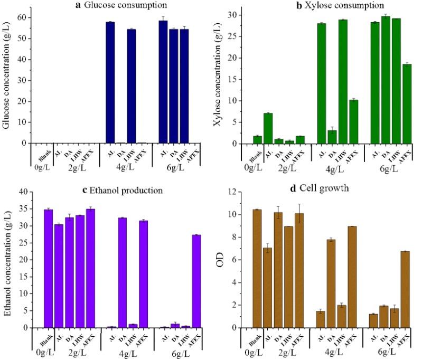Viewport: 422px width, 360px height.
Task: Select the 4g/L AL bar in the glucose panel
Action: click(x=110, y=82)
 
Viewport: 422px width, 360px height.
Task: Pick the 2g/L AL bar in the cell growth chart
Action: click(x=268, y=288)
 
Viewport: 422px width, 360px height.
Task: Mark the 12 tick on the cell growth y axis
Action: click(x=237, y=192)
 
